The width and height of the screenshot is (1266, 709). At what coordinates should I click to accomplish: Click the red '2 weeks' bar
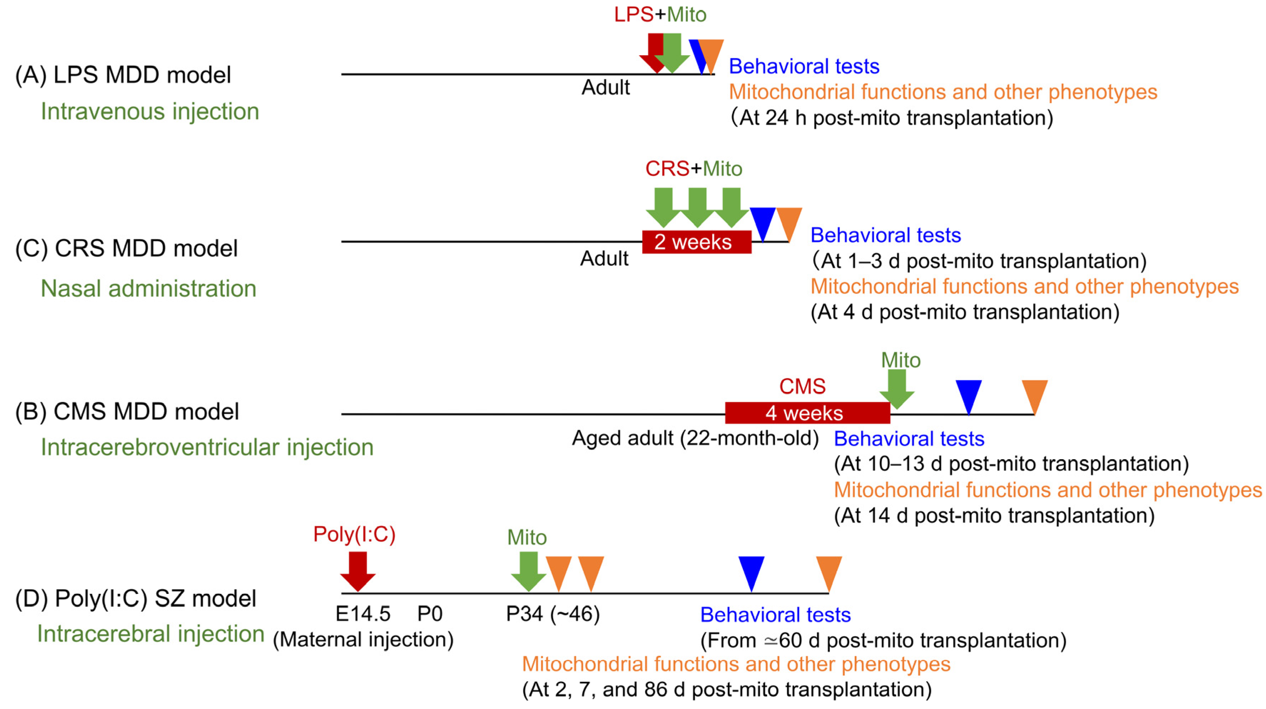tap(696, 242)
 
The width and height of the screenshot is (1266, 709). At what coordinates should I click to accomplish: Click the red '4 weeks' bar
tap(807, 413)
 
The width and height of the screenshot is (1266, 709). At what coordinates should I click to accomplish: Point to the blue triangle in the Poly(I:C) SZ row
tap(751, 571)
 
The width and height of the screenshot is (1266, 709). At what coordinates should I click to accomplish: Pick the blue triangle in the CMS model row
tap(969, 394)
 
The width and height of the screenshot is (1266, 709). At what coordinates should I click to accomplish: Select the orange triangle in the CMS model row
tap(1035, 394)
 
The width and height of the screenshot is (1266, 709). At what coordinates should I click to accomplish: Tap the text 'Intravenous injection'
tap(150, 112)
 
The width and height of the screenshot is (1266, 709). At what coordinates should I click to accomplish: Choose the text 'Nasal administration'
tap(148, 289)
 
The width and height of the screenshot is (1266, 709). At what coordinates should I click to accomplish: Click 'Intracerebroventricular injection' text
tap(207, 447)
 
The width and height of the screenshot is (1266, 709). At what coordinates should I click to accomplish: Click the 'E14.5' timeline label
tap(363, 614)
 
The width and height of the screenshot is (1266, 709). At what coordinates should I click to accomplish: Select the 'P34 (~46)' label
tap(553, 614)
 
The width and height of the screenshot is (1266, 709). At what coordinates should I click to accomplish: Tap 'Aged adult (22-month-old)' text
tap(695, 438)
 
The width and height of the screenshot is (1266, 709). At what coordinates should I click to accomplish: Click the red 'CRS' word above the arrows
tap(667, 169)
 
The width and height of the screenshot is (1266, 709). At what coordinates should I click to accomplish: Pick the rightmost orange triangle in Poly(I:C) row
tap(829, 571)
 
